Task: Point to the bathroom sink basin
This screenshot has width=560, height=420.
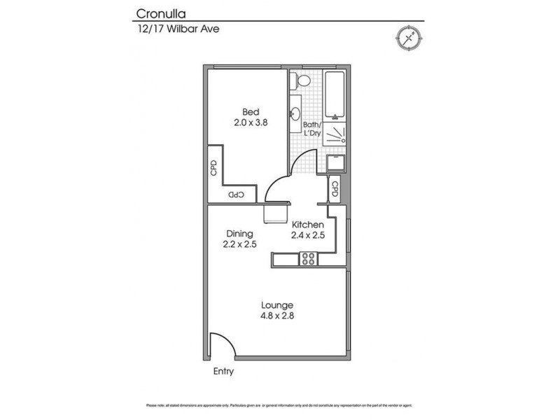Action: [295, 113]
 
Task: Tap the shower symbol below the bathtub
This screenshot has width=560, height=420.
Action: [336, 134]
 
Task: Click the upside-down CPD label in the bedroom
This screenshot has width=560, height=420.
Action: [236, 194]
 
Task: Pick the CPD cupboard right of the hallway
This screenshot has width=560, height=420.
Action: [335, 189]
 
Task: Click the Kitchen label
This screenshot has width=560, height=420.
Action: [307, 224]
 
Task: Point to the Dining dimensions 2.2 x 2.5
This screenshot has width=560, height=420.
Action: [239, 244]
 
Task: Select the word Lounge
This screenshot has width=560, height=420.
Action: [276, 305]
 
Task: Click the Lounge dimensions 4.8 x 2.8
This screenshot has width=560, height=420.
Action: [276, 316]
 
